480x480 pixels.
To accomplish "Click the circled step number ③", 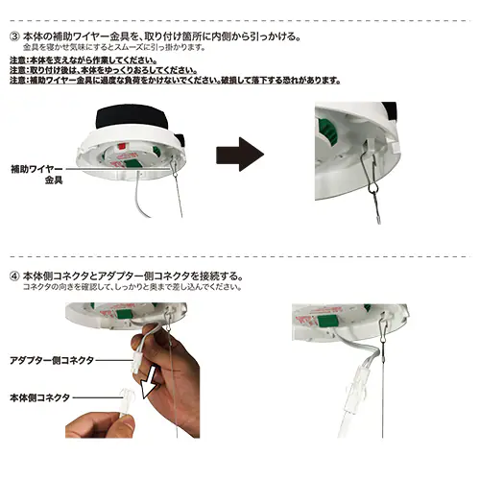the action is coord(15,36).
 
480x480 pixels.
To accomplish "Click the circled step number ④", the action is coord(15,276).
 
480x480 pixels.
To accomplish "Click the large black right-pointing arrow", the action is coord(240,155).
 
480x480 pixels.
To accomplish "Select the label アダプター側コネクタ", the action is coord(52,361).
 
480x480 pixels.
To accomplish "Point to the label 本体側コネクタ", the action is coord(39,397).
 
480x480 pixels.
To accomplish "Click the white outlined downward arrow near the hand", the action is coord(149,382).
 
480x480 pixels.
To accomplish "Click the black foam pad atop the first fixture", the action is coord(132,118).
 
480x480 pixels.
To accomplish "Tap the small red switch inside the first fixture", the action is coord(122,147).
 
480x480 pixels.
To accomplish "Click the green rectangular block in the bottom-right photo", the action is coord(326,320).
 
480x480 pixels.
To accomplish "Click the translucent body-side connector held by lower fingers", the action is coord(127,400).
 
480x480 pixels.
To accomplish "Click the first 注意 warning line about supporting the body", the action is coord(84,60).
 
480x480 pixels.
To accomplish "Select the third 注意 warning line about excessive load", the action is coord(175,80).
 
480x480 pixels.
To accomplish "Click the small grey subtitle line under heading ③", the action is coord(114,48).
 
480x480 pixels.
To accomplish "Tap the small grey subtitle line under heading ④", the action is coord(132,287).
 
